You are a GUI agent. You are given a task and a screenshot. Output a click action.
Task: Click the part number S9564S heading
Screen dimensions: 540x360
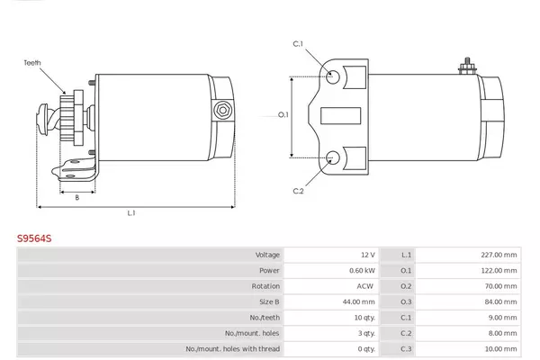point(34,238)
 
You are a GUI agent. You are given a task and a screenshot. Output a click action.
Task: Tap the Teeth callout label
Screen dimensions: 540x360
point(32,63)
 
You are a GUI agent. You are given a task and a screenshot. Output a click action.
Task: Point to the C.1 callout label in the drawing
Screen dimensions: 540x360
point(298,44)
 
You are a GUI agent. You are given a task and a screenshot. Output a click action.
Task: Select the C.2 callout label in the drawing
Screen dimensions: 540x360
point(298,191)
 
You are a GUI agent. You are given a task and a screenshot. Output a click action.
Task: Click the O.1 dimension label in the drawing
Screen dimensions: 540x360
point(283,114)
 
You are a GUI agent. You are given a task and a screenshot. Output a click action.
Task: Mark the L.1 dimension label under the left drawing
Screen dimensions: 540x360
point(131,213)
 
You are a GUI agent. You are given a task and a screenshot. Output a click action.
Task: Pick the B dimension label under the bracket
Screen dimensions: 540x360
point(77,197)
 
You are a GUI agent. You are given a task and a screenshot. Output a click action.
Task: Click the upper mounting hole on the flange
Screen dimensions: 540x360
point(333,76)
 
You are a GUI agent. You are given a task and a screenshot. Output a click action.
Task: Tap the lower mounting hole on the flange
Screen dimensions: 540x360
point(333,157)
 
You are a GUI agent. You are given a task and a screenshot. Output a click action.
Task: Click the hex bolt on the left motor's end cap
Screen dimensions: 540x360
point(223,110)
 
